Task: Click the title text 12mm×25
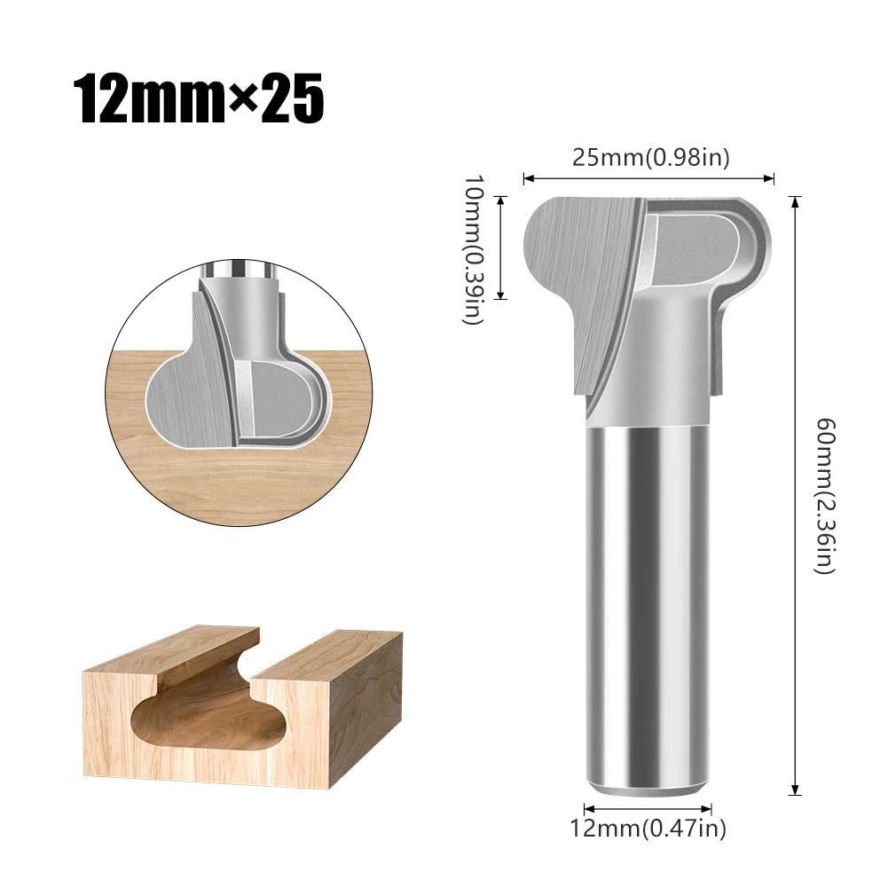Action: (198, 99)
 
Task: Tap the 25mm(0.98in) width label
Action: (649, 158)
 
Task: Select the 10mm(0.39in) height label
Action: (475, 250)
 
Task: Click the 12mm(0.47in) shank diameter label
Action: (648, 829)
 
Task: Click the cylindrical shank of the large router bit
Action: (648, 603)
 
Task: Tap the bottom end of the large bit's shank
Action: (648, 788)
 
